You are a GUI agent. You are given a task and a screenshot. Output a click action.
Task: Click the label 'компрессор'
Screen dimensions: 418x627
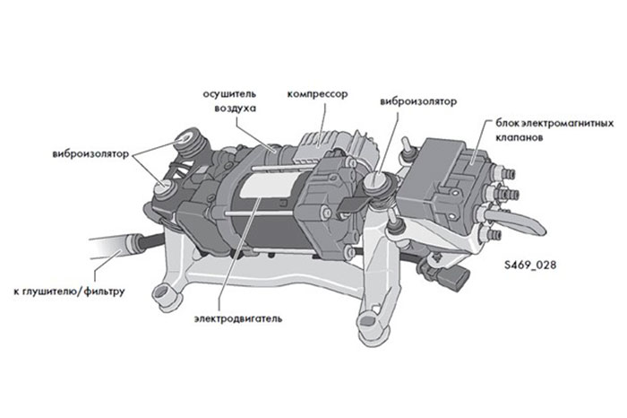click(x=316, y=94)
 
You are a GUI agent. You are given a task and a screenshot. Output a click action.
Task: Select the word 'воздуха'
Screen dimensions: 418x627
click(x=235, y=109)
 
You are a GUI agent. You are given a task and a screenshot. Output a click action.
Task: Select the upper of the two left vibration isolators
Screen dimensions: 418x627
click(x=189, y=140)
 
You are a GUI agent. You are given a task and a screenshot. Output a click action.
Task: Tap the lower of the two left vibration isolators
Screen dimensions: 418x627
click(x=169, y=186)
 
